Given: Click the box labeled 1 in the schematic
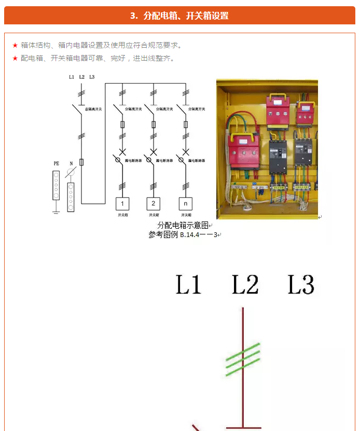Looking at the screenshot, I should pos(122,203).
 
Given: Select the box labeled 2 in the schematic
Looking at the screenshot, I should pos(154,203).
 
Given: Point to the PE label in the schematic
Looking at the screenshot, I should pos(56,163).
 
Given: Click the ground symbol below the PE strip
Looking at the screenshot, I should pos(56,210).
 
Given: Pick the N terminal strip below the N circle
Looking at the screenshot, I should pos(71,197).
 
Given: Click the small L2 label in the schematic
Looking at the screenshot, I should pos(82,77).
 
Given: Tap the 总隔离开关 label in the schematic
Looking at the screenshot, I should pos(93,109).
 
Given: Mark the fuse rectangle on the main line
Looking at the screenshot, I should pos(81,162).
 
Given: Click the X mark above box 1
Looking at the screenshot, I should pos(122,152).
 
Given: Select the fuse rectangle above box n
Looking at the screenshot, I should pos(186,124).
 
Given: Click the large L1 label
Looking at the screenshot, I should pos(188,285).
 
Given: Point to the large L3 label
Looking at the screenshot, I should pos(301,285).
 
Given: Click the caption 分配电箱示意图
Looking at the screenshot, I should pos(183,226).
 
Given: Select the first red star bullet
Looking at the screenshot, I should pos(15,46).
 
